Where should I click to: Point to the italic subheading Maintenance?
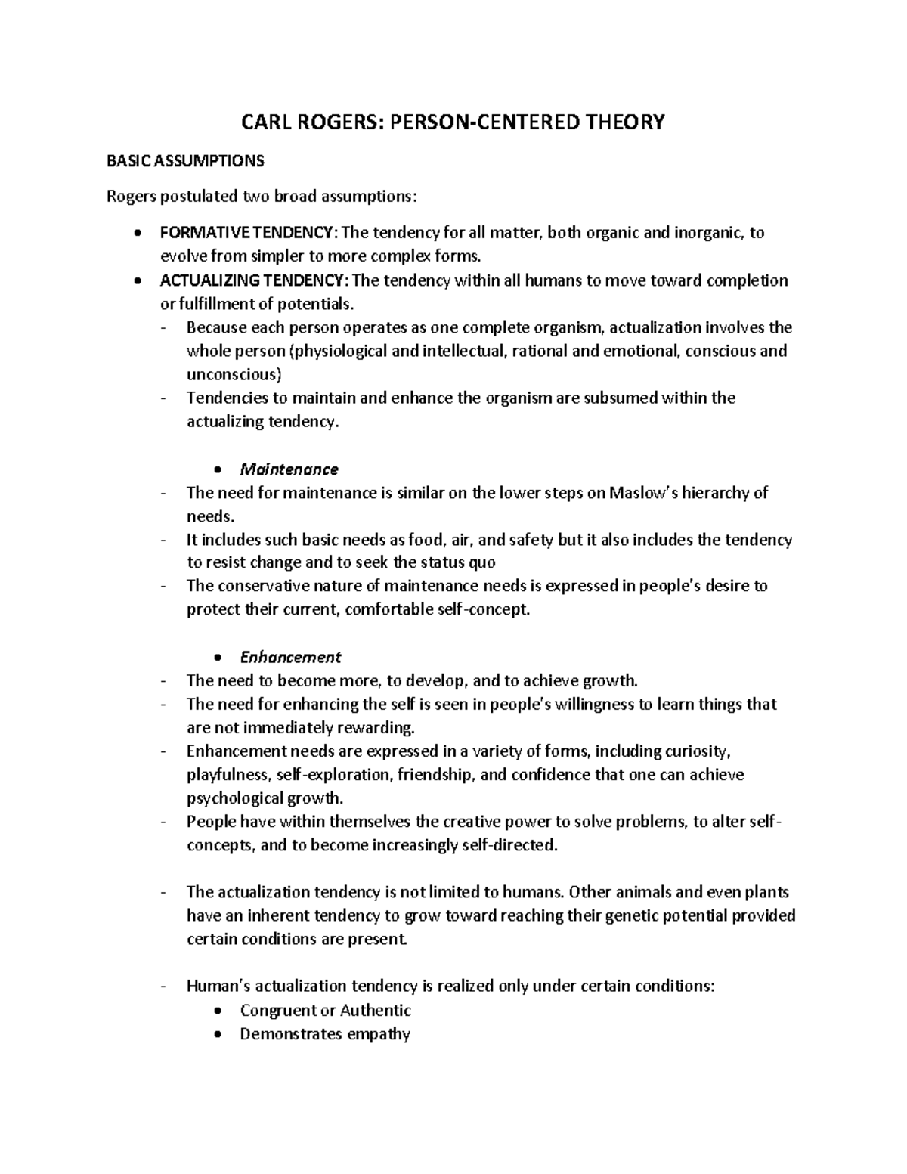[289, 469]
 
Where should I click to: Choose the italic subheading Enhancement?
[290, 657]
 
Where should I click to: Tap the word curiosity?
[697, 751]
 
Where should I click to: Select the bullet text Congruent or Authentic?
[325, 1010]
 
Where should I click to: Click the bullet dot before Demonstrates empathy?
[218, 1034]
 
